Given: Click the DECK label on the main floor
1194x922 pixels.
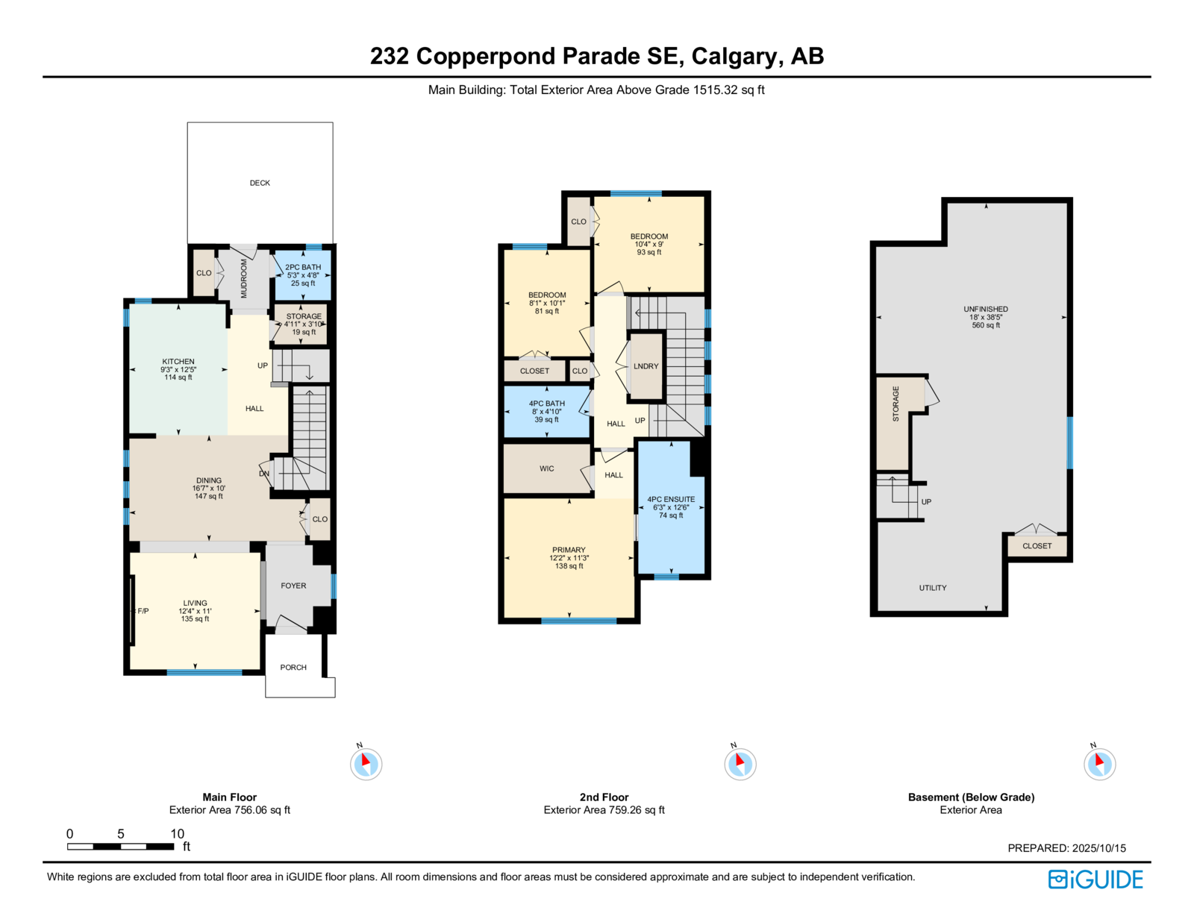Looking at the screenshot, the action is click(x=260, y=183).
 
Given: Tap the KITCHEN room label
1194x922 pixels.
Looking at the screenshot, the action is click(x=178, y=361).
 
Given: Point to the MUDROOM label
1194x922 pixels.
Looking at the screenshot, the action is click(x=244, y=278).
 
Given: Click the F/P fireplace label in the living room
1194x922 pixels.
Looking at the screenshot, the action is click(x=143, y=611).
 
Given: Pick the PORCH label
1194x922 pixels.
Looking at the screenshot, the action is click(x=293, y=667).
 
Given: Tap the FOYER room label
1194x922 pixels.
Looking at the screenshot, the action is click(x=293, y=586).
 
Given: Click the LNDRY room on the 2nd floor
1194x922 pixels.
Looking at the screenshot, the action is click(x=646, y=366).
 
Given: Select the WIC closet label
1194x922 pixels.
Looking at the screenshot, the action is click(x=546, y=468).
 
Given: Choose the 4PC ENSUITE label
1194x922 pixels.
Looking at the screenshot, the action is click(x=671, y=499).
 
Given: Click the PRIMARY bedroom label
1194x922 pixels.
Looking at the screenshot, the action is click(x=569, y=550).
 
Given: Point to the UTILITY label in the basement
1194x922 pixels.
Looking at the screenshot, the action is click(x=933, y=588).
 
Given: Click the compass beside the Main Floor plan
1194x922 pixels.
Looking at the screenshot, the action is click(x=366, y=764).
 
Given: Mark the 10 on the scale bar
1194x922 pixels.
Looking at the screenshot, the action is click(x=177, y=833).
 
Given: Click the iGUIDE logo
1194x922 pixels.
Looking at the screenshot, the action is click(x=1095, y=879).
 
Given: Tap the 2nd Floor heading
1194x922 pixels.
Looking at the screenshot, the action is click(x=604, y=797).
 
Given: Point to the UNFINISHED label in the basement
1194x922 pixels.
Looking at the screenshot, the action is click(x=986, y=309).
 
